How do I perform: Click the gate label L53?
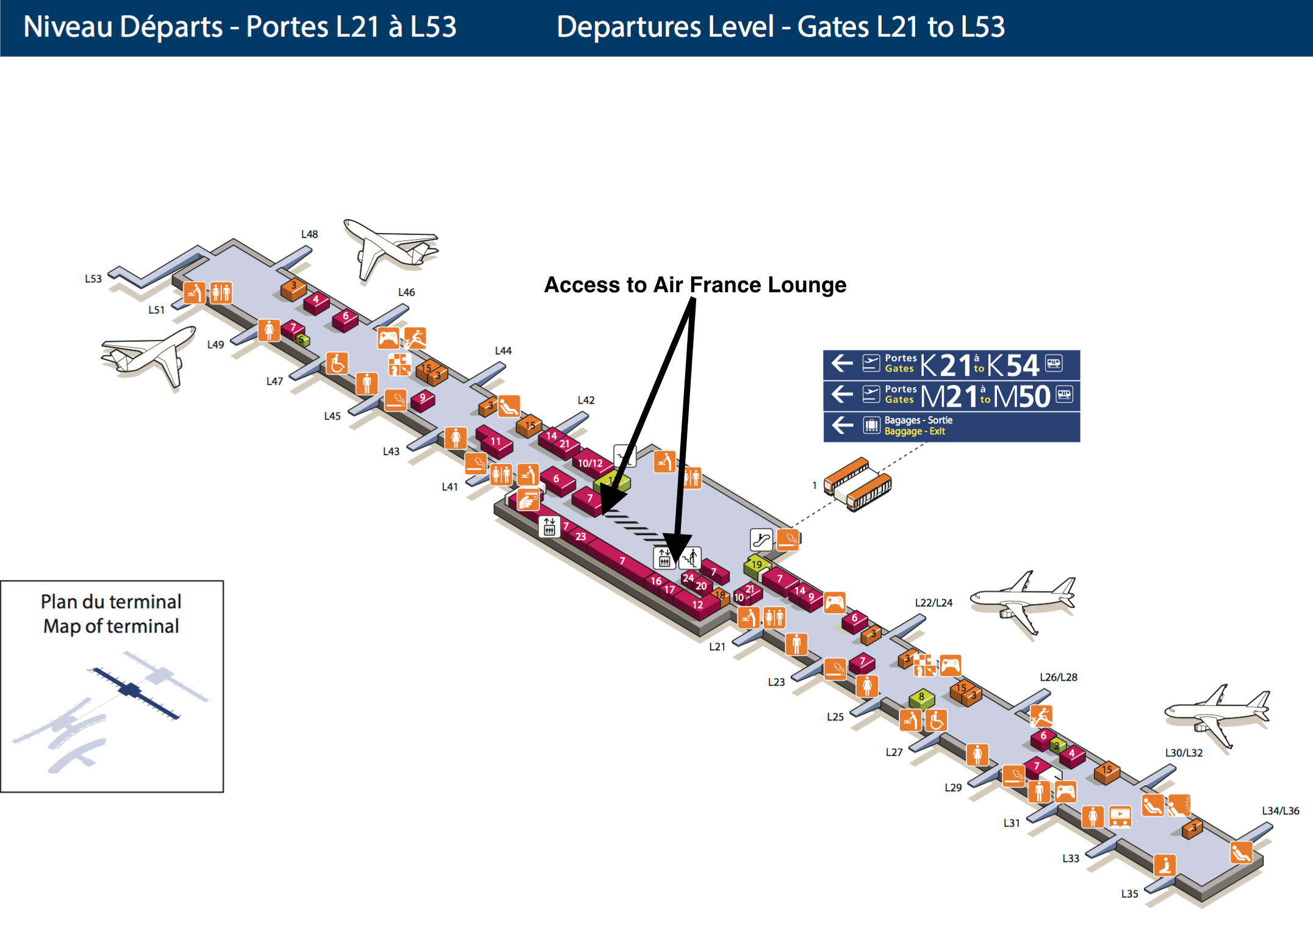pyautogui.click(x=93, y=279)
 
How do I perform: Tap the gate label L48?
pyautogui.click(x=309, y=234)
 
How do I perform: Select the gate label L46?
pyautogui.click(x=406, y=292)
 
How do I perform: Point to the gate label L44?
pyautogui.click(x=503, y=351)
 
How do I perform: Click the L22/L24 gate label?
pyautogui.click(x=933, y=603)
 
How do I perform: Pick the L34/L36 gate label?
pyautogui.click(x=1280, y=811)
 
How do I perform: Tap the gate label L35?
pyautogui.click(x=1129, y=894)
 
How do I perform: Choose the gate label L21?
pyautogui.click(x=717, y=647)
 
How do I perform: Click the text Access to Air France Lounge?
pyautogui.click(x=695, y=285)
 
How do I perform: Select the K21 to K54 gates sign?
pyautogui.click(x=951, y=365)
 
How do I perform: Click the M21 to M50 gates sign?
pyautogui.click(x=951, y=396)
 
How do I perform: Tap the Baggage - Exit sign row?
pyautogui.click(x=951, y=426)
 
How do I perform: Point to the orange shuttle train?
pyautogui.click(x=857, y=484)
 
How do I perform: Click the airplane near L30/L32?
pyautogui.click(x=1217, y=714)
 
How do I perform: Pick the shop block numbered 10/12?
pyautogui.click(x=590, y=464)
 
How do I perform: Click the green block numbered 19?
pyautogui.click(x=757, y=565)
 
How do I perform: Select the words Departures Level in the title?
pyautogui.click(x=665, y=27)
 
